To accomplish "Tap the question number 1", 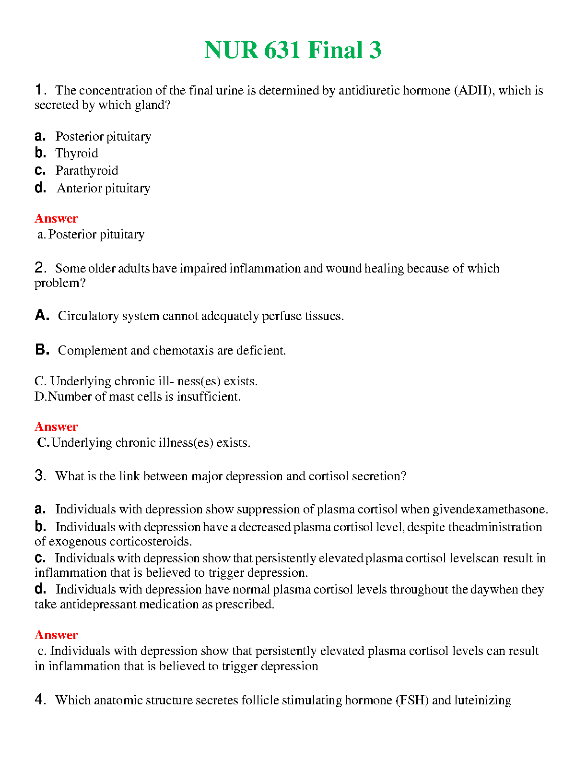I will pos(40,90).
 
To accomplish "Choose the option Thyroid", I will pos(77,154).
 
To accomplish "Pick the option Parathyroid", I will pos(87,171).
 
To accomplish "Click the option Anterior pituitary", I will pos(104,188).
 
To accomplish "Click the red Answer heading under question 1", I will pos(56,218).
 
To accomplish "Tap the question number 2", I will pos(40,268).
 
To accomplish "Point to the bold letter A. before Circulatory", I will pos(42,315).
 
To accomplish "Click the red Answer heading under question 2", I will pos(56,427).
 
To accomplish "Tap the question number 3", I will pos(40,475).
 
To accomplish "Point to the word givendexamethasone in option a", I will pos(490,510).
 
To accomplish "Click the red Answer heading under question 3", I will pos(56,635).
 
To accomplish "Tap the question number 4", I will pos(40,700).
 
